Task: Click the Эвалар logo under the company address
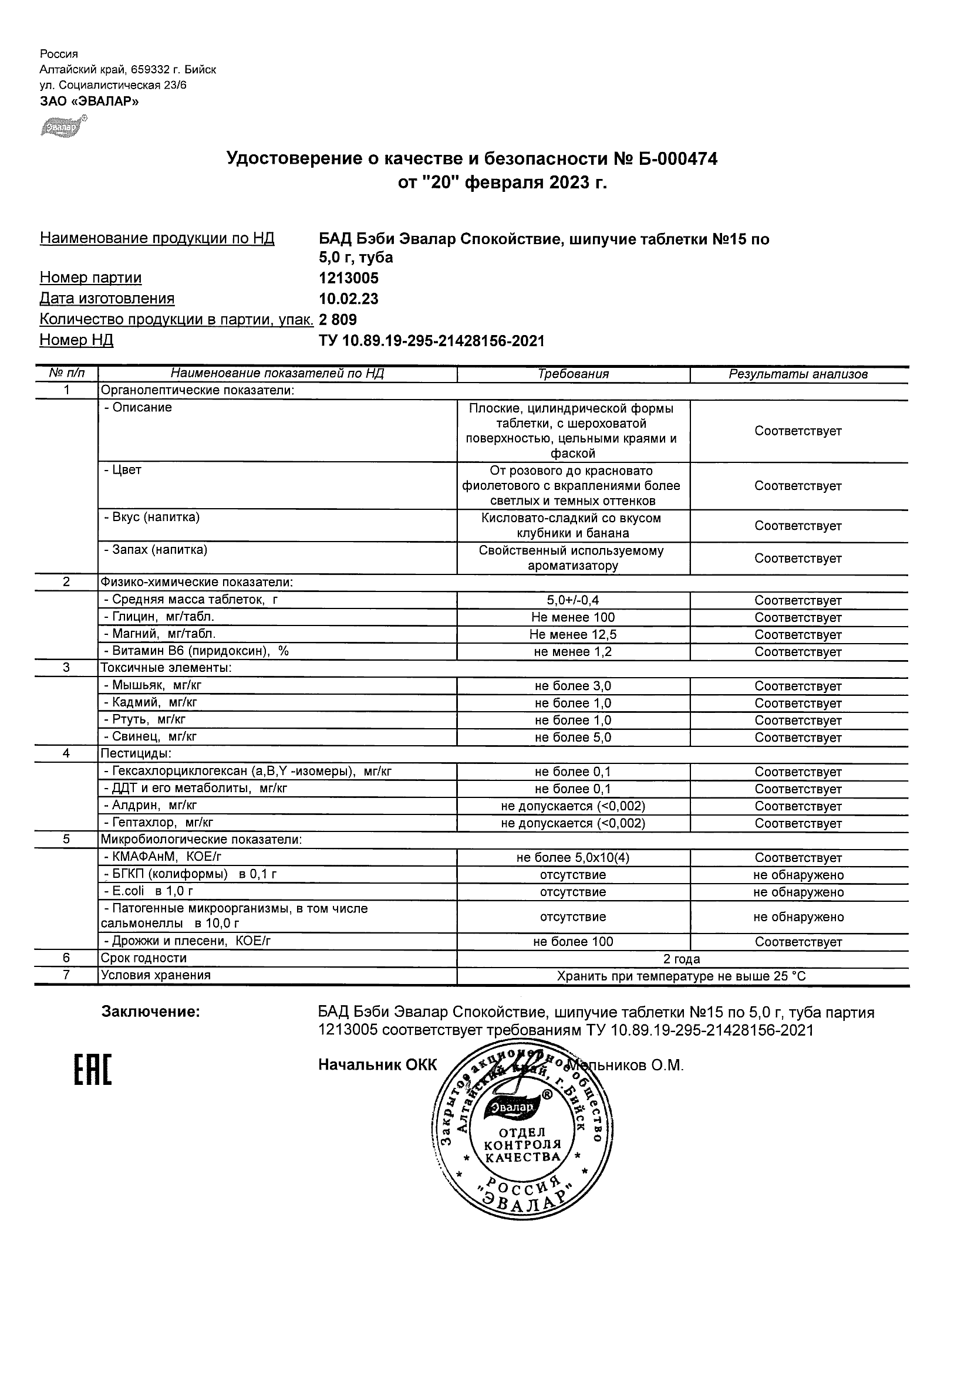(x=63, y=126)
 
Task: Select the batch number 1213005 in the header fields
(x=349, y=278)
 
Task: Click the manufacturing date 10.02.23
(x=349, y=299)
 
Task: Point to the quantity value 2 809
(x=338, y=319)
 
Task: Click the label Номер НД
(x=76, y=340)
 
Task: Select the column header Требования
(x=573, y=374)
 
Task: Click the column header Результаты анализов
(x=798, y=374)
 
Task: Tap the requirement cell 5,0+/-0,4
(x=573, y=600)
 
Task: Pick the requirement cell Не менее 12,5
(x=573, y=634)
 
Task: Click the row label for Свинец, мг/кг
(x=150, y=737)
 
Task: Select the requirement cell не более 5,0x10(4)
(x=573, y=857)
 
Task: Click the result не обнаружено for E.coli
(x=798, y=892)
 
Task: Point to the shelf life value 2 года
(x=682, y=959)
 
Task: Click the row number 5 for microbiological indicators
(x=66, y=840)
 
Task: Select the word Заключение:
(x=150, y=1012)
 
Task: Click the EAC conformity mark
(x=93, y=1070)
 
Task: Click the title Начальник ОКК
(x=377, y=1065)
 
